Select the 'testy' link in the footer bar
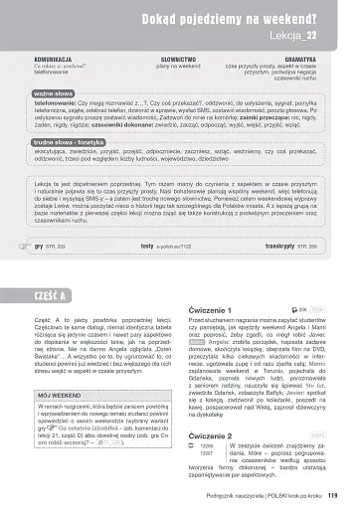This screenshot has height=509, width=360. (x=147, y=245)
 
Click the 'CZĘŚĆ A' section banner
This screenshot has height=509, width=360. (x=49, y=297)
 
